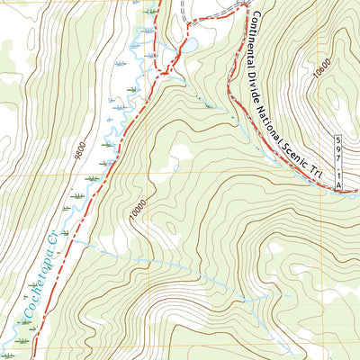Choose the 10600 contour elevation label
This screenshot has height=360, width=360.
(322, 70)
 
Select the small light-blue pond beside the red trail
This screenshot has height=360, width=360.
(190, 45)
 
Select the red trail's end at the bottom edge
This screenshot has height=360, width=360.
(33, 356)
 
